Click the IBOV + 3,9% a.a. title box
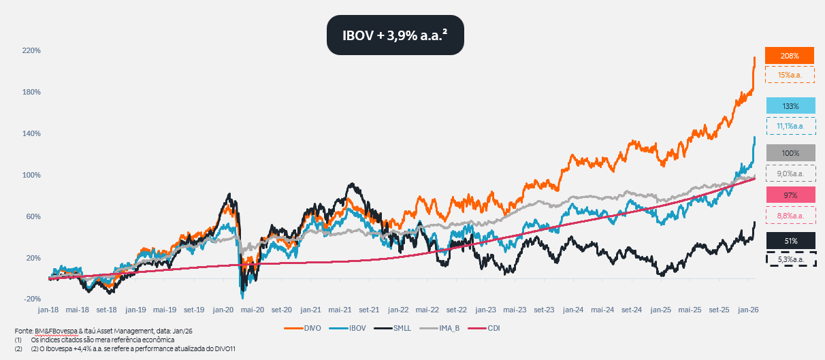[395, 35]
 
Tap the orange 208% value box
[790, 55]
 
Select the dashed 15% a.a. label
[790, 74]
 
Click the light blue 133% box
[790, 106]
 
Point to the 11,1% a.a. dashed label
[790, 125]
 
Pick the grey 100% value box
[790, 153]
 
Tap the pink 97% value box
[790, 195]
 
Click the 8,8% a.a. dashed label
[790, 216]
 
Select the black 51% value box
[790, 240]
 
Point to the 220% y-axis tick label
[31, 51]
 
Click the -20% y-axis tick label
[31, 299]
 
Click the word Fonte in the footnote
[25, 331]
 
